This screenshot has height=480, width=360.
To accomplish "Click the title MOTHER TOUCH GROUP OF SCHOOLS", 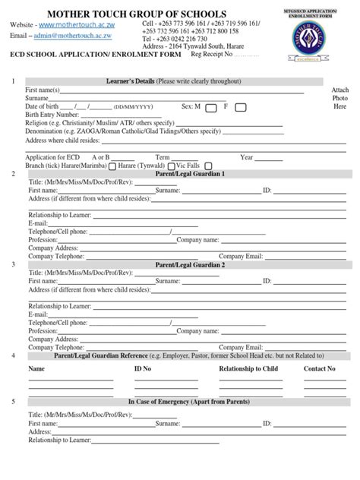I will click(x=137, y=14).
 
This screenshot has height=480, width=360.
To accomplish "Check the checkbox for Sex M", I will click(x=211, y=108).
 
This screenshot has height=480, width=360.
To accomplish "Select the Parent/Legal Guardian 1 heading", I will click(x=190, y=174).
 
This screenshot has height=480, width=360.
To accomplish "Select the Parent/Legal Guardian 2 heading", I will click(x=190, y=265).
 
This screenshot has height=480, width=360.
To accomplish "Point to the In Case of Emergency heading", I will click(x=189, y=401).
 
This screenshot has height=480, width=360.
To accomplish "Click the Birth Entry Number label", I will click(x=52, y=115).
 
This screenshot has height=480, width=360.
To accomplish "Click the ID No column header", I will click(x=143, y=368).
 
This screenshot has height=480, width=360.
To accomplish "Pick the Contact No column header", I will click(x=320, y=368).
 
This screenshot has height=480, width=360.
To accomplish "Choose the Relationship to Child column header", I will click(x=248, y=368).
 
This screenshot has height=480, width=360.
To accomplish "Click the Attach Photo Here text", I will click(x=339, y=98).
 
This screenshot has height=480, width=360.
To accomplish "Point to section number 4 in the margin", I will click(x=12, y=355).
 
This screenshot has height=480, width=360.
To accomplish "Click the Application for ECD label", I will click(x=51, y=157).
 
